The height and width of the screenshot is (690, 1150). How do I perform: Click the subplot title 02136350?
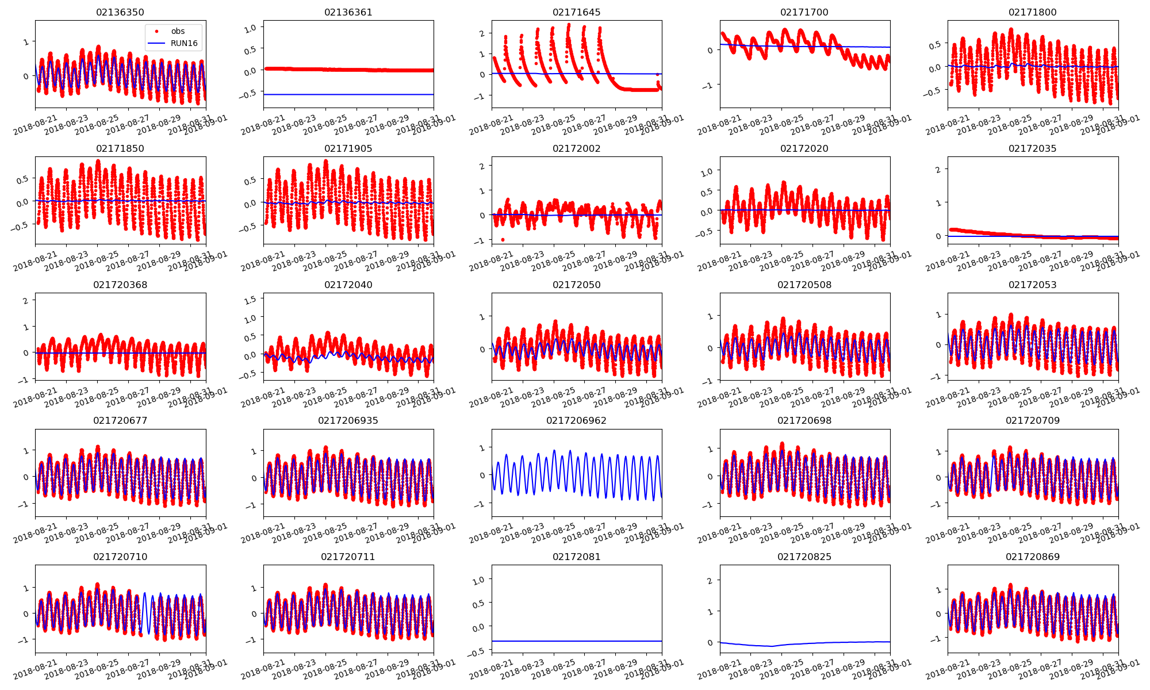point(120,12)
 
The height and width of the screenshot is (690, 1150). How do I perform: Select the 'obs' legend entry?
point(178,31)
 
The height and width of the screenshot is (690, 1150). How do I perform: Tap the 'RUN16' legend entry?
point(184,43)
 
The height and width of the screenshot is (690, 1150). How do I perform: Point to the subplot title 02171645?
point(576,12)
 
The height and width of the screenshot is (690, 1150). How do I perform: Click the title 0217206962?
point(576,420)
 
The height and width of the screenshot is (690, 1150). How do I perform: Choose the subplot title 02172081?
point(576,557)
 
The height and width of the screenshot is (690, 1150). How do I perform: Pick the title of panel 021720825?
point(804,557)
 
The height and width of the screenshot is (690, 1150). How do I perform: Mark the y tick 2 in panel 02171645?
point(482,33)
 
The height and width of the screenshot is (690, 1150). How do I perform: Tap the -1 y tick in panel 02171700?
point(710,85)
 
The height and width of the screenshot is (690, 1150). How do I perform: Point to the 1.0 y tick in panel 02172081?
point(478,580)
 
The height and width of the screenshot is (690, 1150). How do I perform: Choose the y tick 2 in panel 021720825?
point(710,581)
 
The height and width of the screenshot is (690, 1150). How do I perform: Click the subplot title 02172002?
point(576,148)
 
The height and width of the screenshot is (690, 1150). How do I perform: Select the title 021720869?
point(1032,557)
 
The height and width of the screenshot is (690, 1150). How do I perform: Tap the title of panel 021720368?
point(120,285)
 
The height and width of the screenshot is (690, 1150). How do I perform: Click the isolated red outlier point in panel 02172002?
point(503,239)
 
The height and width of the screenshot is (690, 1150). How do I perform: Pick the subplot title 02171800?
point(1032,12)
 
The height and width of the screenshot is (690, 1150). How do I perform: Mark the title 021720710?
point(120,557)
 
